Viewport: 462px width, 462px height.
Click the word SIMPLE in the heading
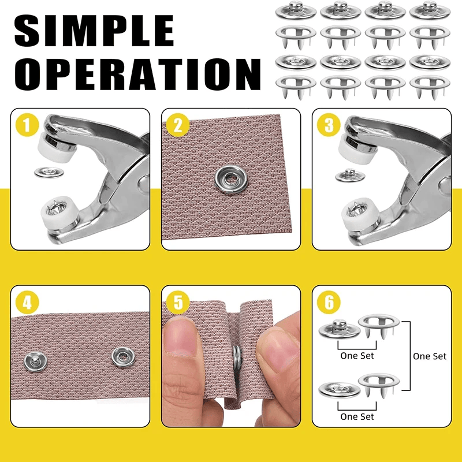(94, 31)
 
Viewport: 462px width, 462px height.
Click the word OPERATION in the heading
(137, 74)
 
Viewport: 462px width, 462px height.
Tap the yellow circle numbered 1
(27, 125)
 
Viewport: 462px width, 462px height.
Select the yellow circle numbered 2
(178, 125)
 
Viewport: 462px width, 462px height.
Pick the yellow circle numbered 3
(329, 125)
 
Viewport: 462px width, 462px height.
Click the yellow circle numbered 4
(27, 302)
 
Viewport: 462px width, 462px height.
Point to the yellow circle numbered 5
(178, 302)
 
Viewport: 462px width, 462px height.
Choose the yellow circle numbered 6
(329, 302)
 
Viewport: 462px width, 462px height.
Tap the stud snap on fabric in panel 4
(35, 362)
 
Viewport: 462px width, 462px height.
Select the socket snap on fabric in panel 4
(124, 357)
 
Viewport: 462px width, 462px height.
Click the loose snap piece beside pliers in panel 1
(49, 172)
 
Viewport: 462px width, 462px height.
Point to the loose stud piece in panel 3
(350, 176)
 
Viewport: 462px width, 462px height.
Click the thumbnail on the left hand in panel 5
(180, 337)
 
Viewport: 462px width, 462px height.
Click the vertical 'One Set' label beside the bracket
(430, 356)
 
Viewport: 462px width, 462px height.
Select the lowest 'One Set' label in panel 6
(357, 416)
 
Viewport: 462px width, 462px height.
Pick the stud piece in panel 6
(340, 329)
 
